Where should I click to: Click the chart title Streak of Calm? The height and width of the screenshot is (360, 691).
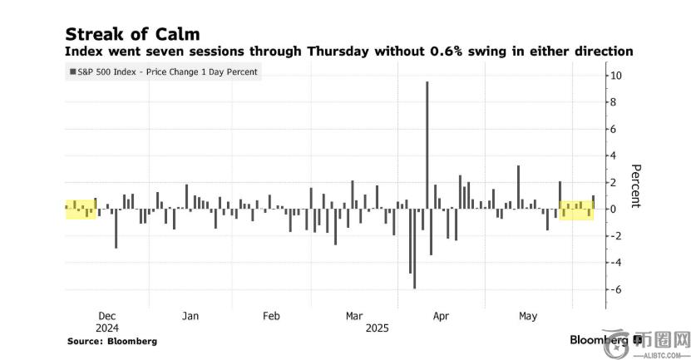pos(132,33)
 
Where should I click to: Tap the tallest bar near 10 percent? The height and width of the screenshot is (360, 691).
pos(427,141)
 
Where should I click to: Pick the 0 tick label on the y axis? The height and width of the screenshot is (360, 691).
pos(616,209)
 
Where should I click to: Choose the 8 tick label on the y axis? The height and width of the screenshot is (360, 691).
pos(616,102)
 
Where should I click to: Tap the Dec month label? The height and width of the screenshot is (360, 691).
pos(107,316)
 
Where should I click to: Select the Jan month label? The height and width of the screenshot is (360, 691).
pos(190,316)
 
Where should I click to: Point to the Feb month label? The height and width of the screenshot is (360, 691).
pos(271,316)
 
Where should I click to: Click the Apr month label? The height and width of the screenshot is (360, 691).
pos(441,316)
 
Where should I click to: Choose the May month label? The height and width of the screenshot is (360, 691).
pos(527,316)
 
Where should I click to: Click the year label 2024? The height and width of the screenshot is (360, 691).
pos(107,328)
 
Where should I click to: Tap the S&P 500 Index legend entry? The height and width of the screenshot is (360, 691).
pos(165,72)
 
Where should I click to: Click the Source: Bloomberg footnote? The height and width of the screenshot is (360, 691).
pos(111,341)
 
